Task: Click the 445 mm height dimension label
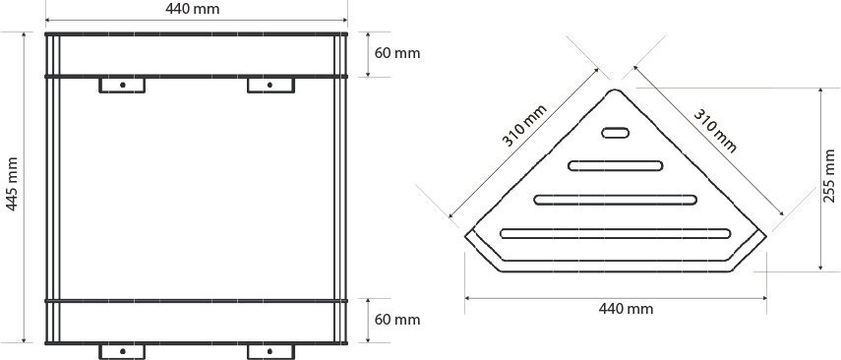(x=12, y=184)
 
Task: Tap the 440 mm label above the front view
(x=192, y=9)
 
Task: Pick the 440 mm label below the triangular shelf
(x=626, y=309)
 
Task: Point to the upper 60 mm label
(x=397, y=53)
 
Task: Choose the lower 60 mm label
(x=397, y=321)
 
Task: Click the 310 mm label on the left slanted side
(x=524, y=126)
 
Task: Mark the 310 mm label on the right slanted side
(x=715, y=131)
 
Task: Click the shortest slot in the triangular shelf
(x=615, y=133)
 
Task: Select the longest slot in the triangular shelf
(x=615, y=233)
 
